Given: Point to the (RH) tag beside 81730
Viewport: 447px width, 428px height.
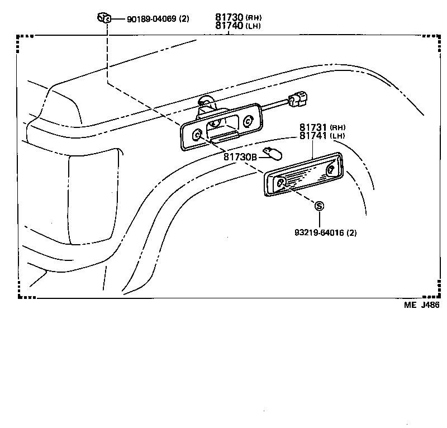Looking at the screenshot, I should [x=253, y=18].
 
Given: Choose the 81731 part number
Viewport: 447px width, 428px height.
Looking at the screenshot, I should [x=313, y=127].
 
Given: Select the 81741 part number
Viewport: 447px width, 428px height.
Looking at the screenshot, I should [x=313, y=136].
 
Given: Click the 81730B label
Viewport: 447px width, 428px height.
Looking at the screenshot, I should [x=240, y=157].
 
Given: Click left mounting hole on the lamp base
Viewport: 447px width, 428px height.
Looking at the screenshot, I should [x=197, y=135].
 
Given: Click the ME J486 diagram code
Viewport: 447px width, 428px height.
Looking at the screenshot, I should [x=421, y=305].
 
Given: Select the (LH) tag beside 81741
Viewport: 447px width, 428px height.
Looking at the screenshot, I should [x=337, y=136].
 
